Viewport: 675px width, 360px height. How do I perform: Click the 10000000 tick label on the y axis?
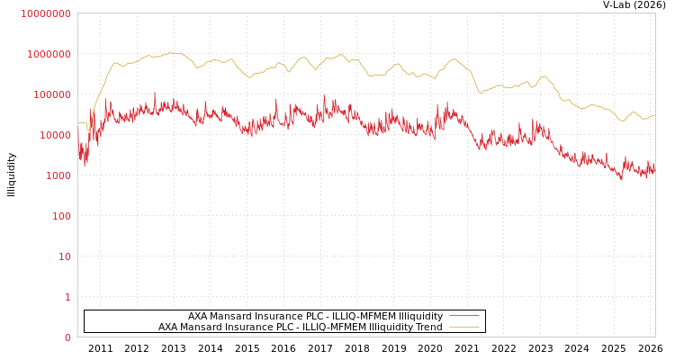click(x=45, y=13)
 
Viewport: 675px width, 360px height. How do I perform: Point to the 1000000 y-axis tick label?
click(x=49, y=54)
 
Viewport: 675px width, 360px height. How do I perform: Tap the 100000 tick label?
click(x=51, y=94)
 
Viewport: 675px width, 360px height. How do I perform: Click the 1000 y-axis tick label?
click(x=58, y=175)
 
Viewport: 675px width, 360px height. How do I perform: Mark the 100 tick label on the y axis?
click(x=60, y=216)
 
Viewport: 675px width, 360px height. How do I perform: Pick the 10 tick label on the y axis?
click(x=64, y=256)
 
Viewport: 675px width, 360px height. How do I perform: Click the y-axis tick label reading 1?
click(x=67, y=297)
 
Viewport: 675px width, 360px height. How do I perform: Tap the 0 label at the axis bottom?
click(x=67, y=337)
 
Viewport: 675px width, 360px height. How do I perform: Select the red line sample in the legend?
click(x=463, y=316)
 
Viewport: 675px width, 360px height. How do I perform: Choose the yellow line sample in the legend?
click(x=463, y=327)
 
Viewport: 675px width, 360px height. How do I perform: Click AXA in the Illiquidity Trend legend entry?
click(x=168, y=328)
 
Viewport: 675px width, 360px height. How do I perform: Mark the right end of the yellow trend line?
click(x=654, y=115)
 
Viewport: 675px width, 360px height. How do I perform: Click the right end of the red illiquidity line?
click(x=654, y=168)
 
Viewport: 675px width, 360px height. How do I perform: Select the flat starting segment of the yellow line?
click(x=82, y=123)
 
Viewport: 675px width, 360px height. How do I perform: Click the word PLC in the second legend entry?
click(x=297, y=328)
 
